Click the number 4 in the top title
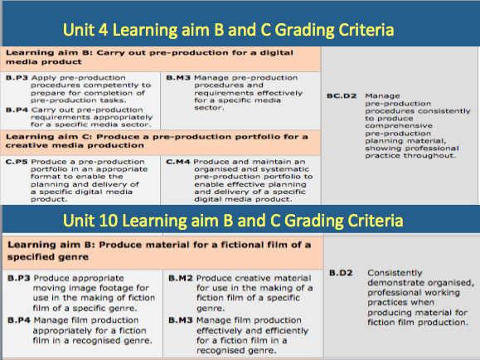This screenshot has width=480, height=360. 103,30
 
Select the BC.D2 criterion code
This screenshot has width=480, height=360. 342,96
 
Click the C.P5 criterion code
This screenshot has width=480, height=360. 17,162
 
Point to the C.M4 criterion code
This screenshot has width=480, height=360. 178,162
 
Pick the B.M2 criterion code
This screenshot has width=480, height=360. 181,278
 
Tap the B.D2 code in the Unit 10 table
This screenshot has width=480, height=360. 341,273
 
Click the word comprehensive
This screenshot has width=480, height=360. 399,126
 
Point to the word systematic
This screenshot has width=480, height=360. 288,169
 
